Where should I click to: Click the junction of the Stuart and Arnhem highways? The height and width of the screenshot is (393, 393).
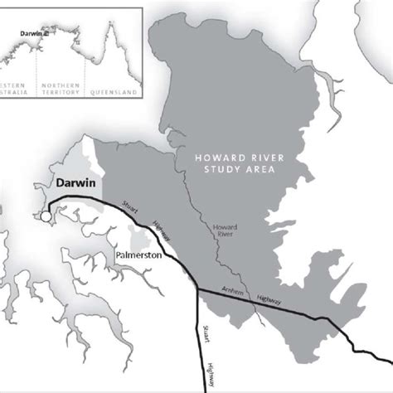tap(196, 289)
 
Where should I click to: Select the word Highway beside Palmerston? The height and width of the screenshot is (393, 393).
tap(162, 232)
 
